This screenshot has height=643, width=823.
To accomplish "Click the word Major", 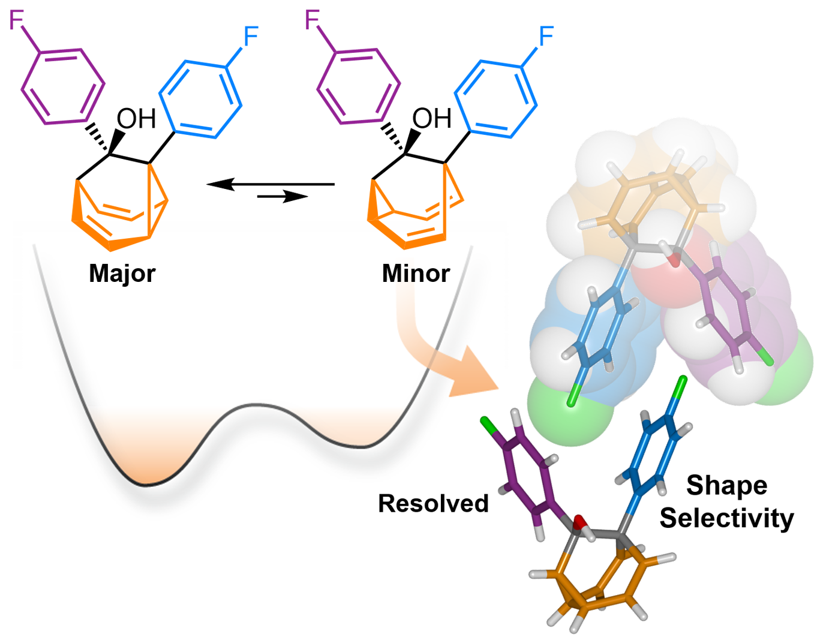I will point(122,274).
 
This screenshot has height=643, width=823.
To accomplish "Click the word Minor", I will point(416,274).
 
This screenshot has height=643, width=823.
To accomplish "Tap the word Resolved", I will point(433,504).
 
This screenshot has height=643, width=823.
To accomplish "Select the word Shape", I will point(726,485).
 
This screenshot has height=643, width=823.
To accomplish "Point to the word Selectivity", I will point(726,518).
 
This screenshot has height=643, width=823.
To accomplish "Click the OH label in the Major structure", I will point(136,119).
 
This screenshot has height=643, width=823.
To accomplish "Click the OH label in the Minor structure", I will point(431,119).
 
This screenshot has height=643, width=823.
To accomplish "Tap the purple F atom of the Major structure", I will point(16,21).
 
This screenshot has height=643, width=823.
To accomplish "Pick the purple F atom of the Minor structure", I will point(312,21).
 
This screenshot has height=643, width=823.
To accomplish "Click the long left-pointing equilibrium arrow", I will point(270,184).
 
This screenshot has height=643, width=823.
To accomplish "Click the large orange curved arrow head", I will point(477,372).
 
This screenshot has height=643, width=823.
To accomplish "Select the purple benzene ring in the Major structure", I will point(62,87).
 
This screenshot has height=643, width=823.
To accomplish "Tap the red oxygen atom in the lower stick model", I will point(579,522).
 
